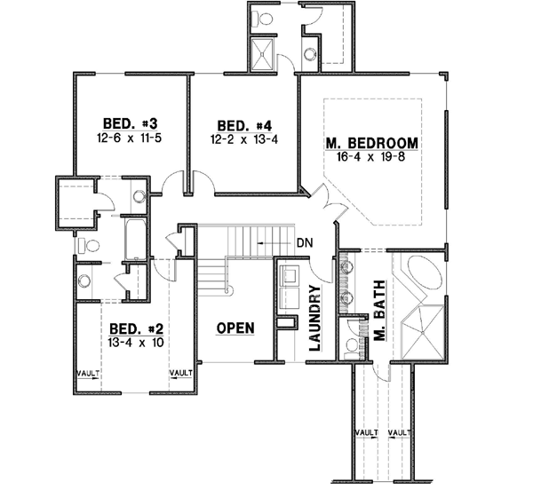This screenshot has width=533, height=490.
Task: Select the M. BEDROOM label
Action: tap(371, 143)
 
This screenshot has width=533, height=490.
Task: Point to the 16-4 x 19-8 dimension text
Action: tap(371, 157)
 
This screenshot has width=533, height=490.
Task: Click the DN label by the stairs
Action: tap(304, 241)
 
